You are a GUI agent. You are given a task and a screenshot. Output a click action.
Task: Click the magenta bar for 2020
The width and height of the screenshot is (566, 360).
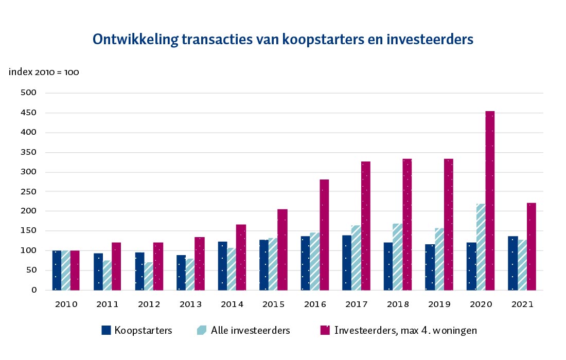tap(490, 201)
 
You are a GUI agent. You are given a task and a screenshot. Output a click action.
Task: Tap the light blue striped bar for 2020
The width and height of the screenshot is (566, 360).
tap(481, 247)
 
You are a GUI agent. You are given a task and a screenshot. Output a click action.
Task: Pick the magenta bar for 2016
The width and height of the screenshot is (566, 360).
tap(324, 235)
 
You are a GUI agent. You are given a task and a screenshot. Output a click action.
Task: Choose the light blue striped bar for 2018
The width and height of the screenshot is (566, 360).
tap(398, 257)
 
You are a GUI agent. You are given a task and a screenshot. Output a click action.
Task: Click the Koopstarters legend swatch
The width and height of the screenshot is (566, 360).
tap(107, 330)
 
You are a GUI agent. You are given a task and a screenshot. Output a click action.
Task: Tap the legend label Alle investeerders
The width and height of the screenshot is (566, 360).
tap(251, 330)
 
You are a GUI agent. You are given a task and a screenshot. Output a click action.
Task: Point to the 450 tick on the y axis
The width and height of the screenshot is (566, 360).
tap(30, 113)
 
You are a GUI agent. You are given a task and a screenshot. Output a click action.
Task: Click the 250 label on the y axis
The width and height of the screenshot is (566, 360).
tap(30, 191)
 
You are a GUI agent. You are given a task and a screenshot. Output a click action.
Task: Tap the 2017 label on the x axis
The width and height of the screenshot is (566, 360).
tap(356, 304)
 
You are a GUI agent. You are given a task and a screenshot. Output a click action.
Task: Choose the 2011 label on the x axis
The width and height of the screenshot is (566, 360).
tap(107, 304)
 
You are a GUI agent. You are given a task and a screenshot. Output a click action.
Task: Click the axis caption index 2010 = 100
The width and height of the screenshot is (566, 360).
tap(44, 72)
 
